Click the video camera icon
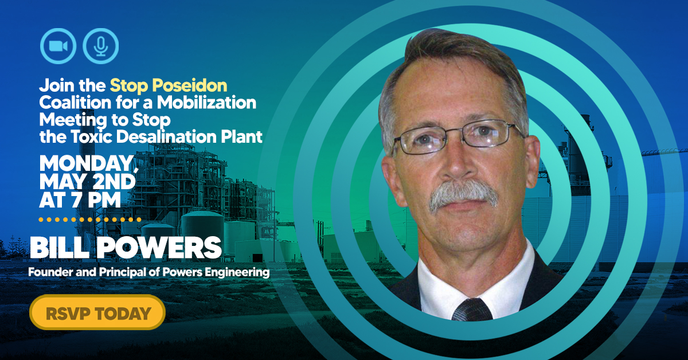tap(58, 46)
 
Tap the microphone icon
tap(101, 46)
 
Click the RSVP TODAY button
tap(97, 312)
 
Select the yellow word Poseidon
tap(190, 85)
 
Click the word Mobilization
tap(206, 102)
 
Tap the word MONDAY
tap(87, 163)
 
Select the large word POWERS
tap(160, 248)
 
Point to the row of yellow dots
tap(90, 220)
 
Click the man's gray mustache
tap(463, 194)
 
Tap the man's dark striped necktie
tap(472, 310)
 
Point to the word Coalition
tap(75, 102)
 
